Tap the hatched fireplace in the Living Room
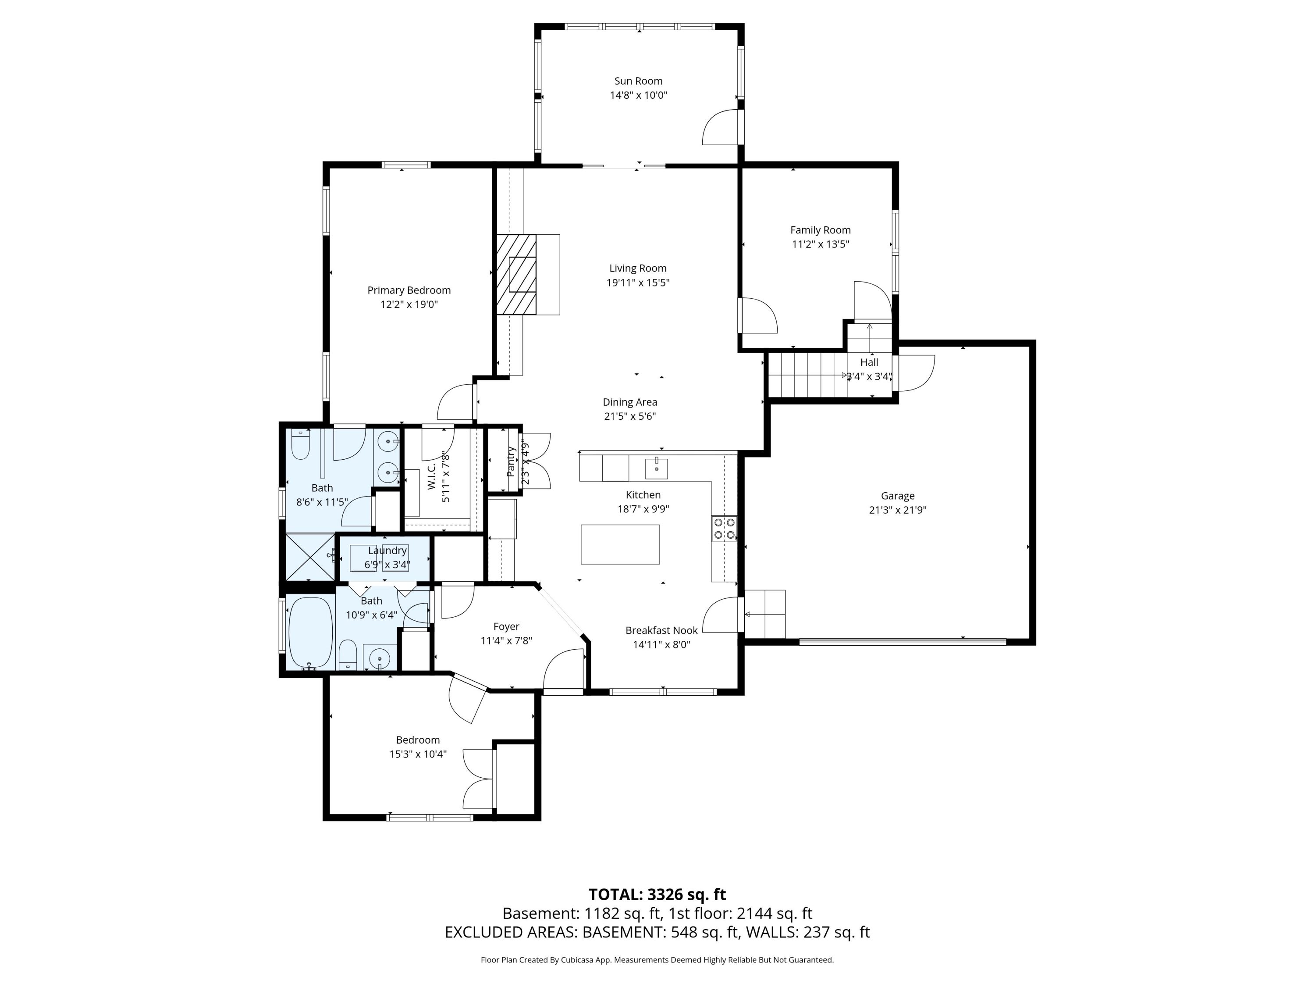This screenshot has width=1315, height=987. tap(516, 274)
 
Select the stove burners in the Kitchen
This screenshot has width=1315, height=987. tap(724, 528)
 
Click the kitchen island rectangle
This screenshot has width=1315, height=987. tap(620, 544)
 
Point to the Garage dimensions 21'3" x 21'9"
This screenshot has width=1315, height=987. tap(897, 510)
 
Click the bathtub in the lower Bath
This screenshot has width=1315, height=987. tap(310, 633)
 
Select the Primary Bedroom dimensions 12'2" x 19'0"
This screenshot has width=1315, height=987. tap(409, 304)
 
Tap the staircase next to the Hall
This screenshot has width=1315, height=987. tap(807, 375)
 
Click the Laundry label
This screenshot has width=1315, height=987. tap(387, 551)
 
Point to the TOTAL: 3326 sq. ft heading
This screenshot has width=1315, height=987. tap(657, 894)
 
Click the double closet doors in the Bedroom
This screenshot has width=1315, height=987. tap(479, 779)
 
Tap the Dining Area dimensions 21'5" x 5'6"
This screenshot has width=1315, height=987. tap(629, 416)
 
